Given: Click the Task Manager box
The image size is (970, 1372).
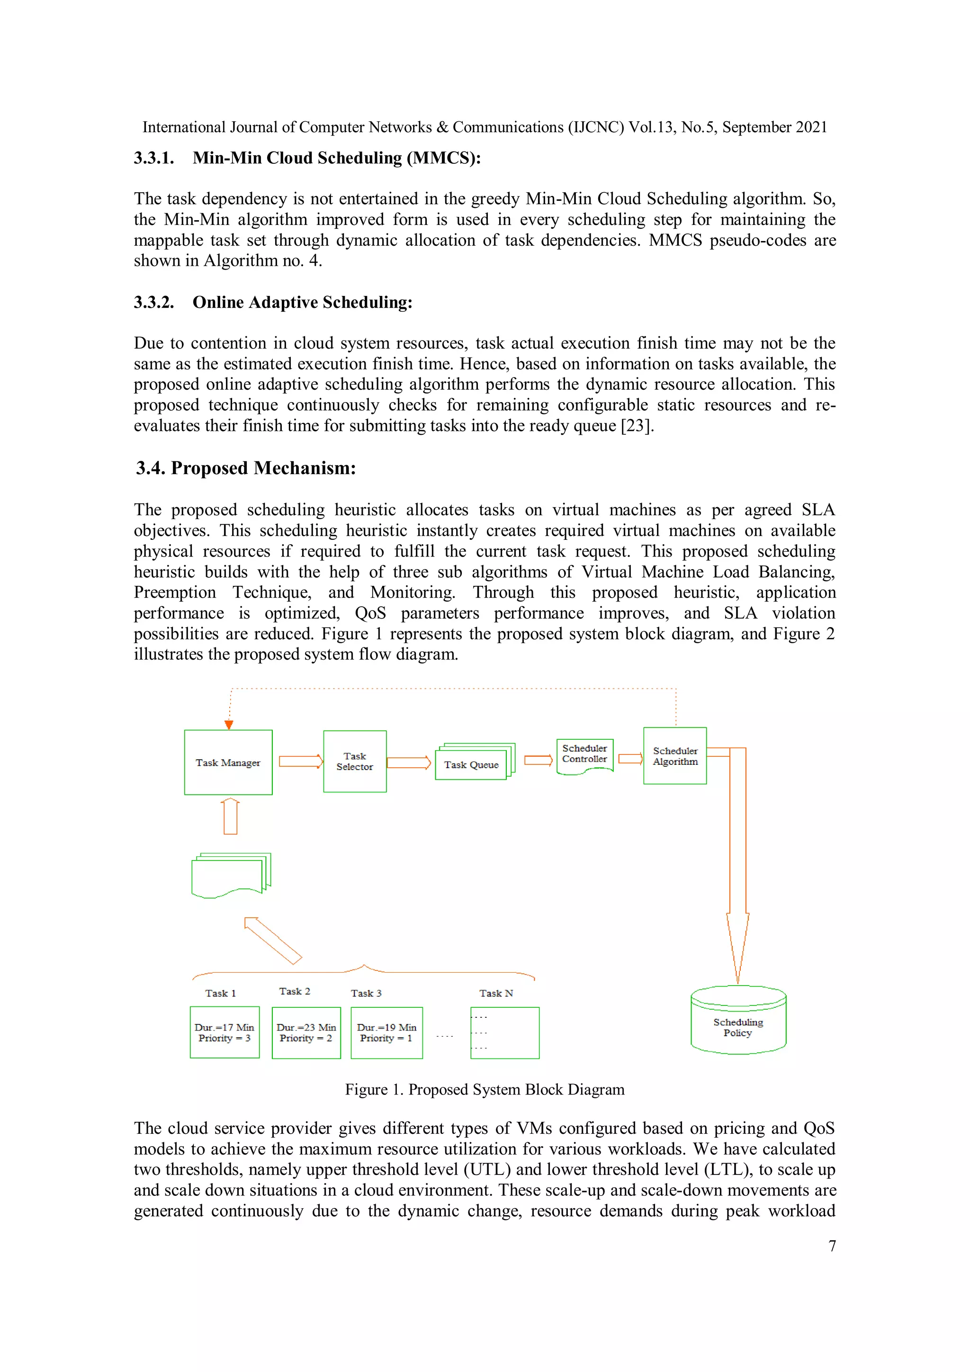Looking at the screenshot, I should pos(228,762).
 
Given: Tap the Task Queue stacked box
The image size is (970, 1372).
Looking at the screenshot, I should pos(472,764).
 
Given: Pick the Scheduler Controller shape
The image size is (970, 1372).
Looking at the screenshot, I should pos(584,755).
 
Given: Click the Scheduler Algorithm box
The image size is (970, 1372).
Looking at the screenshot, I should pos(675,756).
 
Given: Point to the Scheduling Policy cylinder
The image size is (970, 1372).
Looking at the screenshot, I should pos(737,1027).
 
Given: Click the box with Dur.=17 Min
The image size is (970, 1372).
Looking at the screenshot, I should pos(224,1032).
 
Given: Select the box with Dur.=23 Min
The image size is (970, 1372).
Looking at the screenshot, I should pos(306,1032).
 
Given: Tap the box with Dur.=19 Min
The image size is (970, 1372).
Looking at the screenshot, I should pos(386,1032).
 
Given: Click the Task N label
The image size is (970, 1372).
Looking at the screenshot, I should pos(495,993).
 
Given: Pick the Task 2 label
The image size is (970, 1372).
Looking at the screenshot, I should pos(295,991).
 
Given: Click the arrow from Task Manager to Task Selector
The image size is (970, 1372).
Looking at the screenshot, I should pos(301,761).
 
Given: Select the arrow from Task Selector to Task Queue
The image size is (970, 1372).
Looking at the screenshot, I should pos(409,762).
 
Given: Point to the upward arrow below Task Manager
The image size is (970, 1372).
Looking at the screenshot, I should pos(230,816).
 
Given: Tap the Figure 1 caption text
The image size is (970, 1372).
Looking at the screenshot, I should pos(484,1089).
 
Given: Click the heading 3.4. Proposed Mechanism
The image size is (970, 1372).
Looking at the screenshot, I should pos(246,468).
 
